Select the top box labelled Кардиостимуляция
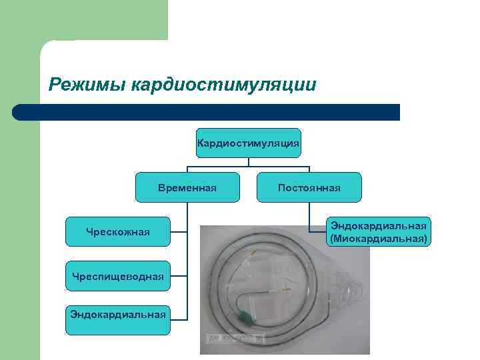point(249,143)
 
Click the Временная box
point(187,187)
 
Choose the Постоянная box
point(309,187)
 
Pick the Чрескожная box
point(118,231)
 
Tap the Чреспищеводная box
point(118,275)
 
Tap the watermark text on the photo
point(235,338)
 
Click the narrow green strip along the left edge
point(19,233)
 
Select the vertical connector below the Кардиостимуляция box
point(249,161)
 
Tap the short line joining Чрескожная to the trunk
point(179,231)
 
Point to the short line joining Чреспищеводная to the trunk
point(179,275)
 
